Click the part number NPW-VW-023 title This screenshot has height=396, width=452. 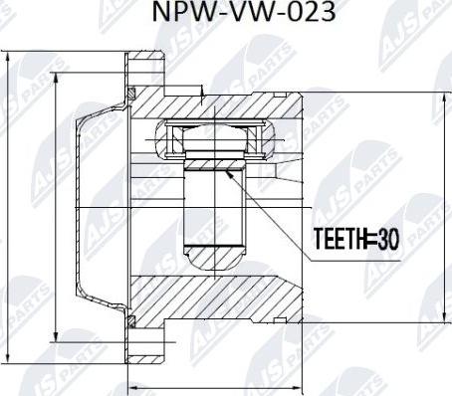[x=244, y=12]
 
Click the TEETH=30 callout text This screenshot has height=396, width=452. [x=356, y=239]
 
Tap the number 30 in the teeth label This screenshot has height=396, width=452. [x=388, y=239]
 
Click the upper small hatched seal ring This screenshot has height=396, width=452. [x=132, y=93]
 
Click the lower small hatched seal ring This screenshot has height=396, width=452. [x=132, y=321]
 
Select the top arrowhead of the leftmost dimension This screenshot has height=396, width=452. [x=8, y=58]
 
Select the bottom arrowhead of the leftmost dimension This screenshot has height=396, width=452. [x=8, y=357]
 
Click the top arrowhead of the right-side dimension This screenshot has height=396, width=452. [x=445, y=99]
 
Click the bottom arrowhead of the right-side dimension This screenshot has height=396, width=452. [x=445, y=316]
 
